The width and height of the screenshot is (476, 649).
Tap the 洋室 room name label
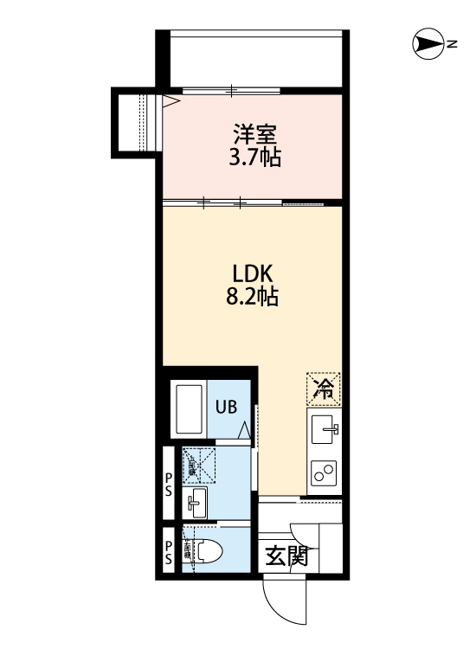tap(253, 136)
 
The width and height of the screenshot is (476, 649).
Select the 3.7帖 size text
tap(253, 157)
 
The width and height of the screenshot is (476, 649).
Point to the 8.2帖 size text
tap(253, 297)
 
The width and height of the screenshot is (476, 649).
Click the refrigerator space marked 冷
tap(324, 388)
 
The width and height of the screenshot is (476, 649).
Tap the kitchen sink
tap(325, 428)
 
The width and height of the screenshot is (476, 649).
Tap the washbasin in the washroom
tap(196, 500)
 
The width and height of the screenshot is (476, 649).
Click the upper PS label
tap(170, 484)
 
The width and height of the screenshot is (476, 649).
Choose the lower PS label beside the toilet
tap(170, 551)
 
